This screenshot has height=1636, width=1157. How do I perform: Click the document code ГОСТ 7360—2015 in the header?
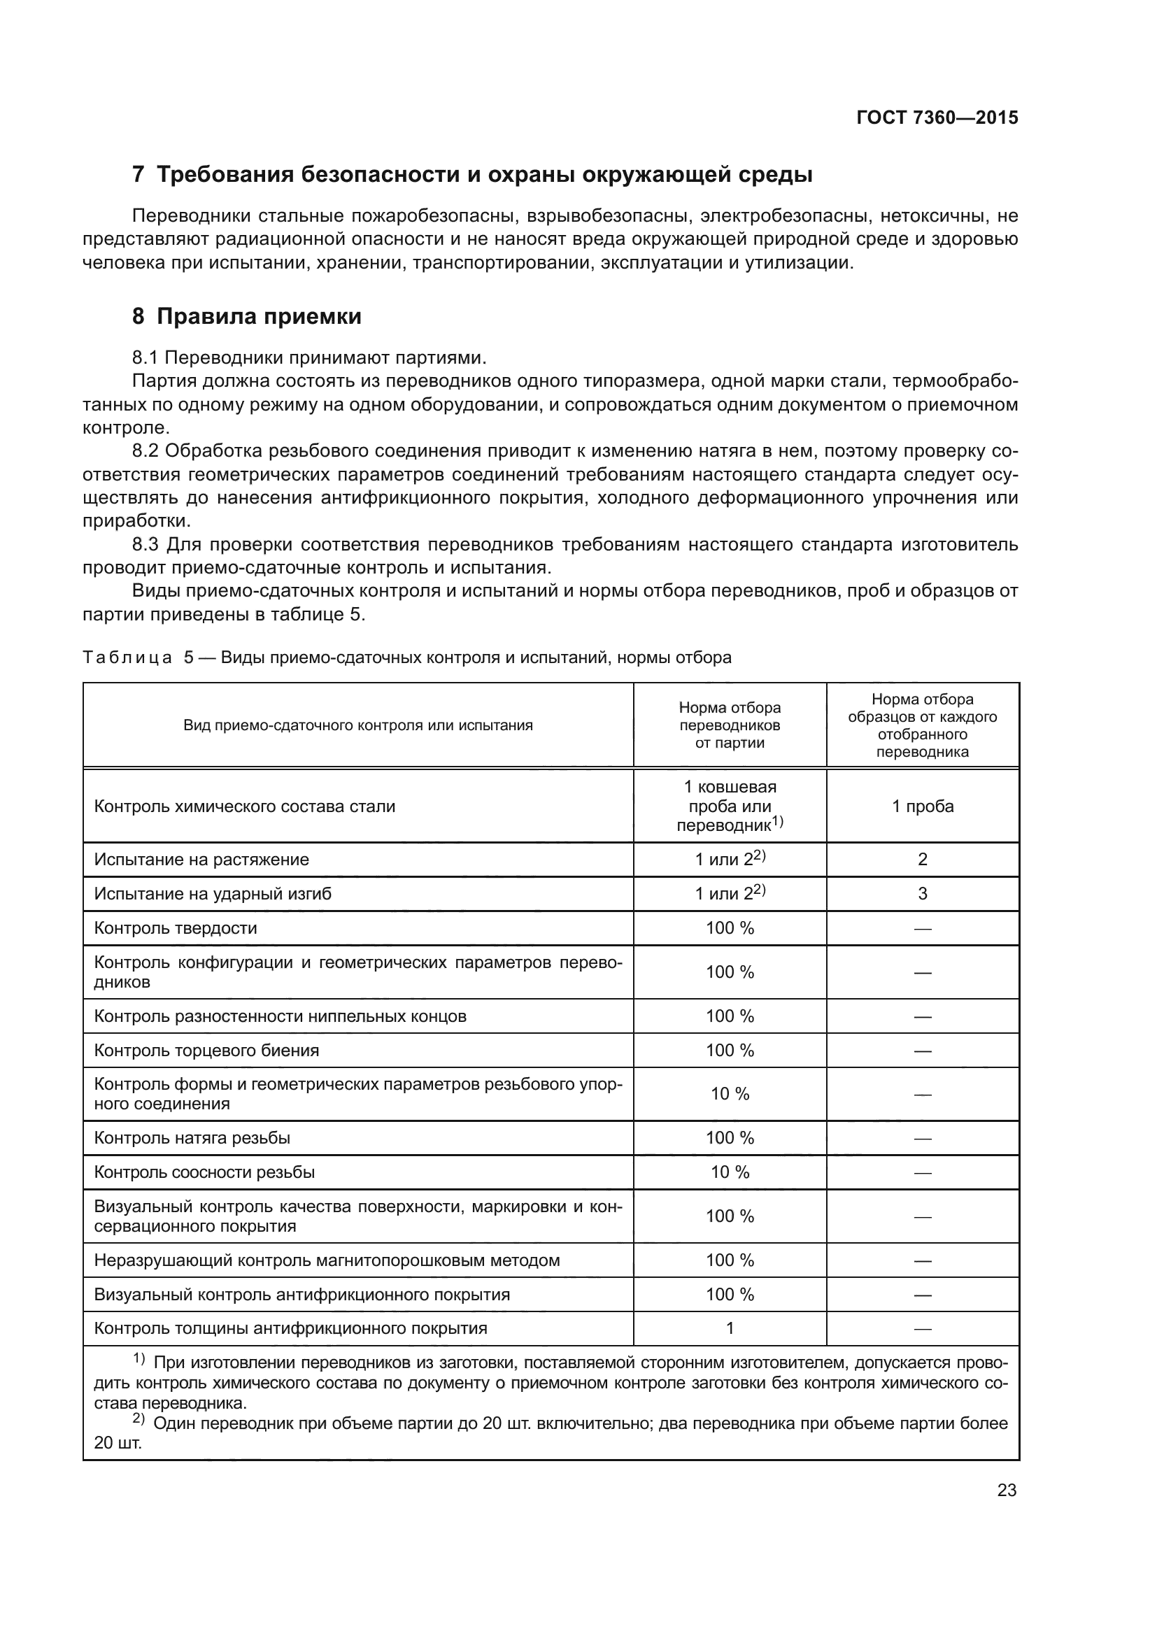coord(937,118)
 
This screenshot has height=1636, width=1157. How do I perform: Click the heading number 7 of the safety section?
coord(139,175)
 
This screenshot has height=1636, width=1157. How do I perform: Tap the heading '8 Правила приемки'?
coord(246,316)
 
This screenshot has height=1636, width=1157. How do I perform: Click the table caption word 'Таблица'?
coord(127,657)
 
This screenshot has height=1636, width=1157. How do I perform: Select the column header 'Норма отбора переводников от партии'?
coord(730,725)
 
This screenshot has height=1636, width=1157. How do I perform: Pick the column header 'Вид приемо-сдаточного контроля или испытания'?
coord(357,725)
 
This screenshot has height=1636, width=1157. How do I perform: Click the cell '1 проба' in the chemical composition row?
coord(923,806)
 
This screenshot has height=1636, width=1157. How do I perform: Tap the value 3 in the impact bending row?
coord(923,893)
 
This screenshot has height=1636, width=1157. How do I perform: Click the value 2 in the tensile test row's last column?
coord(923,860)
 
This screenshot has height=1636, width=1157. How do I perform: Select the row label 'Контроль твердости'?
coord(176,928)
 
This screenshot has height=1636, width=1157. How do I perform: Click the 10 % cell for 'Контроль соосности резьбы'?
coord(730,1172)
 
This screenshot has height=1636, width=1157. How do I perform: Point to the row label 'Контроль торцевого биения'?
coord(206,1051)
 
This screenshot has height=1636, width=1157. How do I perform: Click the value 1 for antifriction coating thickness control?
coord(730,1328)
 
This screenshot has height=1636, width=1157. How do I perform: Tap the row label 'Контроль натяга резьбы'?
coord(192,1138)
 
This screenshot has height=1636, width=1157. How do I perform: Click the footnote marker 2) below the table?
coord(139,1420)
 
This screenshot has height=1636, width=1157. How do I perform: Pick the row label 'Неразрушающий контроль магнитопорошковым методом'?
coord(327,1260)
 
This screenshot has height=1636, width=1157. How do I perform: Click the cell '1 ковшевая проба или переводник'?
coord(730,806)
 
